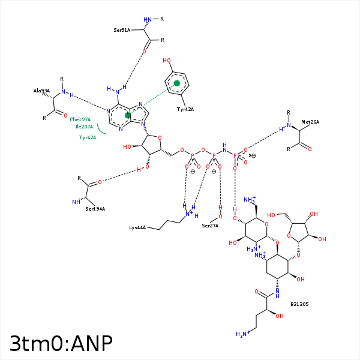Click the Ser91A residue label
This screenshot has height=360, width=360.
tap(122, 29)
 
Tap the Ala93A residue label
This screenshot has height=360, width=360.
tap(41, 91)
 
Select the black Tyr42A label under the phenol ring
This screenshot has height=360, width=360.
tap(185, 109)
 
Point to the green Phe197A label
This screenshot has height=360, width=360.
tap(80, 119)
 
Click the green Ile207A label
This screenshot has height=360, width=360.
tap(84, 127)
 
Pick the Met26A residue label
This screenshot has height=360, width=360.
tap(310, 122)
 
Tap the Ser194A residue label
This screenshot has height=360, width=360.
tap(95, 209)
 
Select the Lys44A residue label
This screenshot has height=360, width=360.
tap(138, 228)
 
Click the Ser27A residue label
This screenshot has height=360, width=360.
tap(210, 226)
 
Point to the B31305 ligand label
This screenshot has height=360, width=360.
tap(299, 304)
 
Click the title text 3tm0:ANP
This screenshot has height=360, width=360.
tap(61, 343)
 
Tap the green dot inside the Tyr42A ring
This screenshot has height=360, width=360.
tap(176, 83)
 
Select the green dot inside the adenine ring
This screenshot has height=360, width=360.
tap(127, 115)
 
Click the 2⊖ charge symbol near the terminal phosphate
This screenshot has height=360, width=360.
tap(252, 156)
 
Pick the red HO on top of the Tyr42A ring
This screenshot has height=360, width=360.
tap(167, 61)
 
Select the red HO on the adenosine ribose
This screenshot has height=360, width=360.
tap(127, 146)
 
